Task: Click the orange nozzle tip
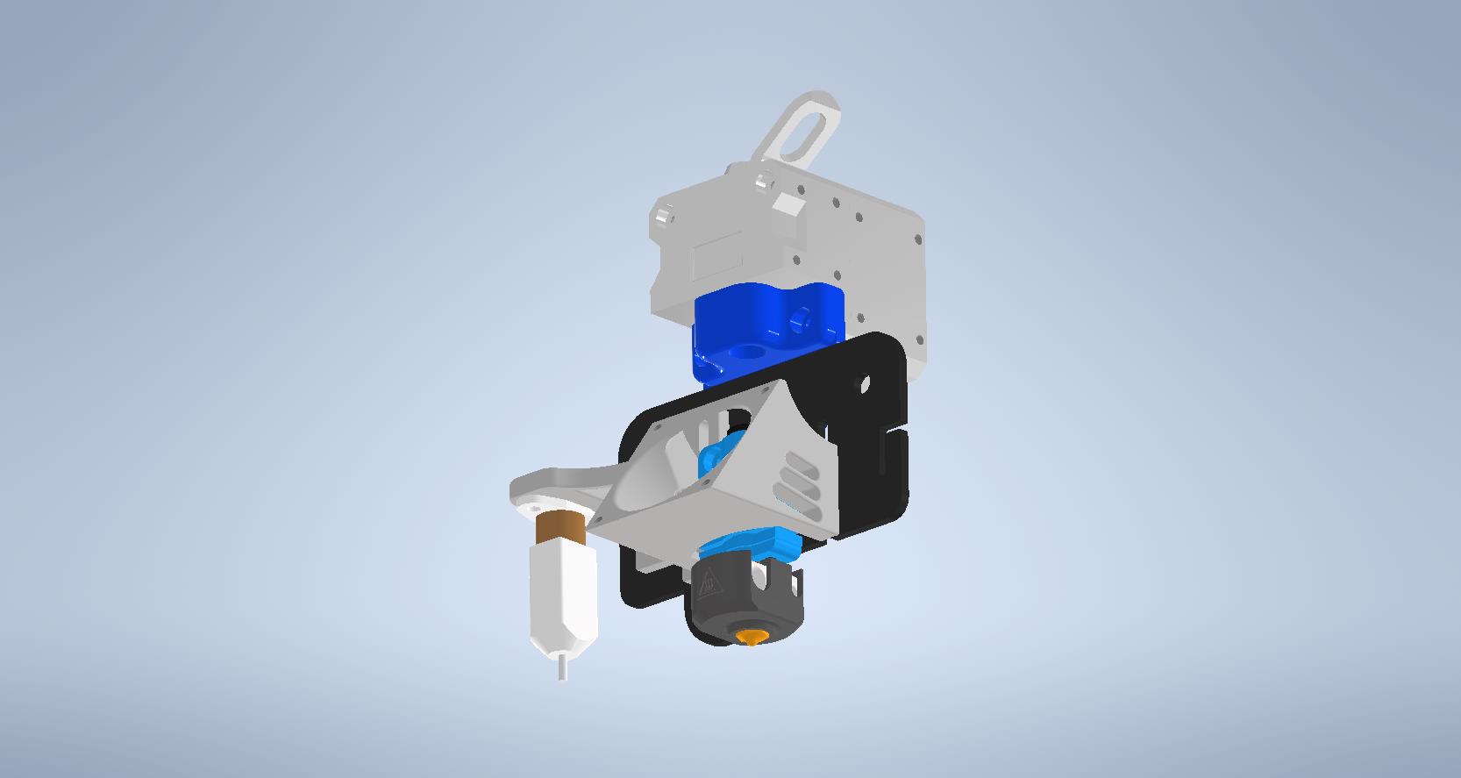[x=751, y=637]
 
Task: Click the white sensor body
[x=562, y=596]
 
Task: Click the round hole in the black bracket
[x=865, y=383]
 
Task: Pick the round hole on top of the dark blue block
[x=746, y=352]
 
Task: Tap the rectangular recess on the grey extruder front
[x=716, y=258]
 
